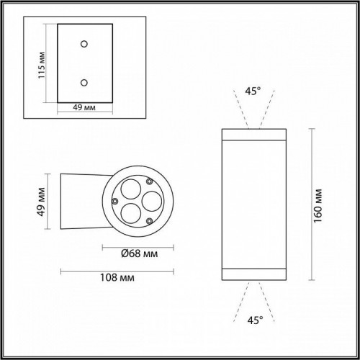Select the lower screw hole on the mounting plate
coord(84,81)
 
